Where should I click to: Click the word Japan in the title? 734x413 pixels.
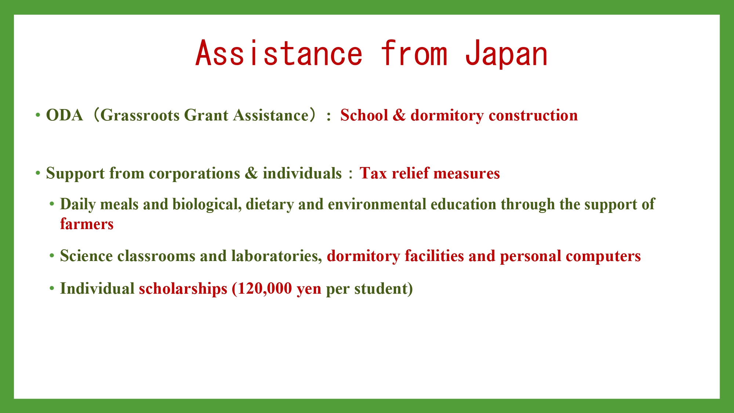[506, 54]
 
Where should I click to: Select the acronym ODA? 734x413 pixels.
[65, 115]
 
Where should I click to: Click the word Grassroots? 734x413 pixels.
[139, 115]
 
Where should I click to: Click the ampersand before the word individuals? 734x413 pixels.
[251, 173]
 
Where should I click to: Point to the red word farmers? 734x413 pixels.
[87, 224]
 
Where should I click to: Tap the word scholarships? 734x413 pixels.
[183, 289]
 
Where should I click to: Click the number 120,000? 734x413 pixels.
[265, 289]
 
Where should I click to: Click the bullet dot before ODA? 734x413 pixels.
[38, 115]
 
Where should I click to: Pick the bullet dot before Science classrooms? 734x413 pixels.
[52, 256]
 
